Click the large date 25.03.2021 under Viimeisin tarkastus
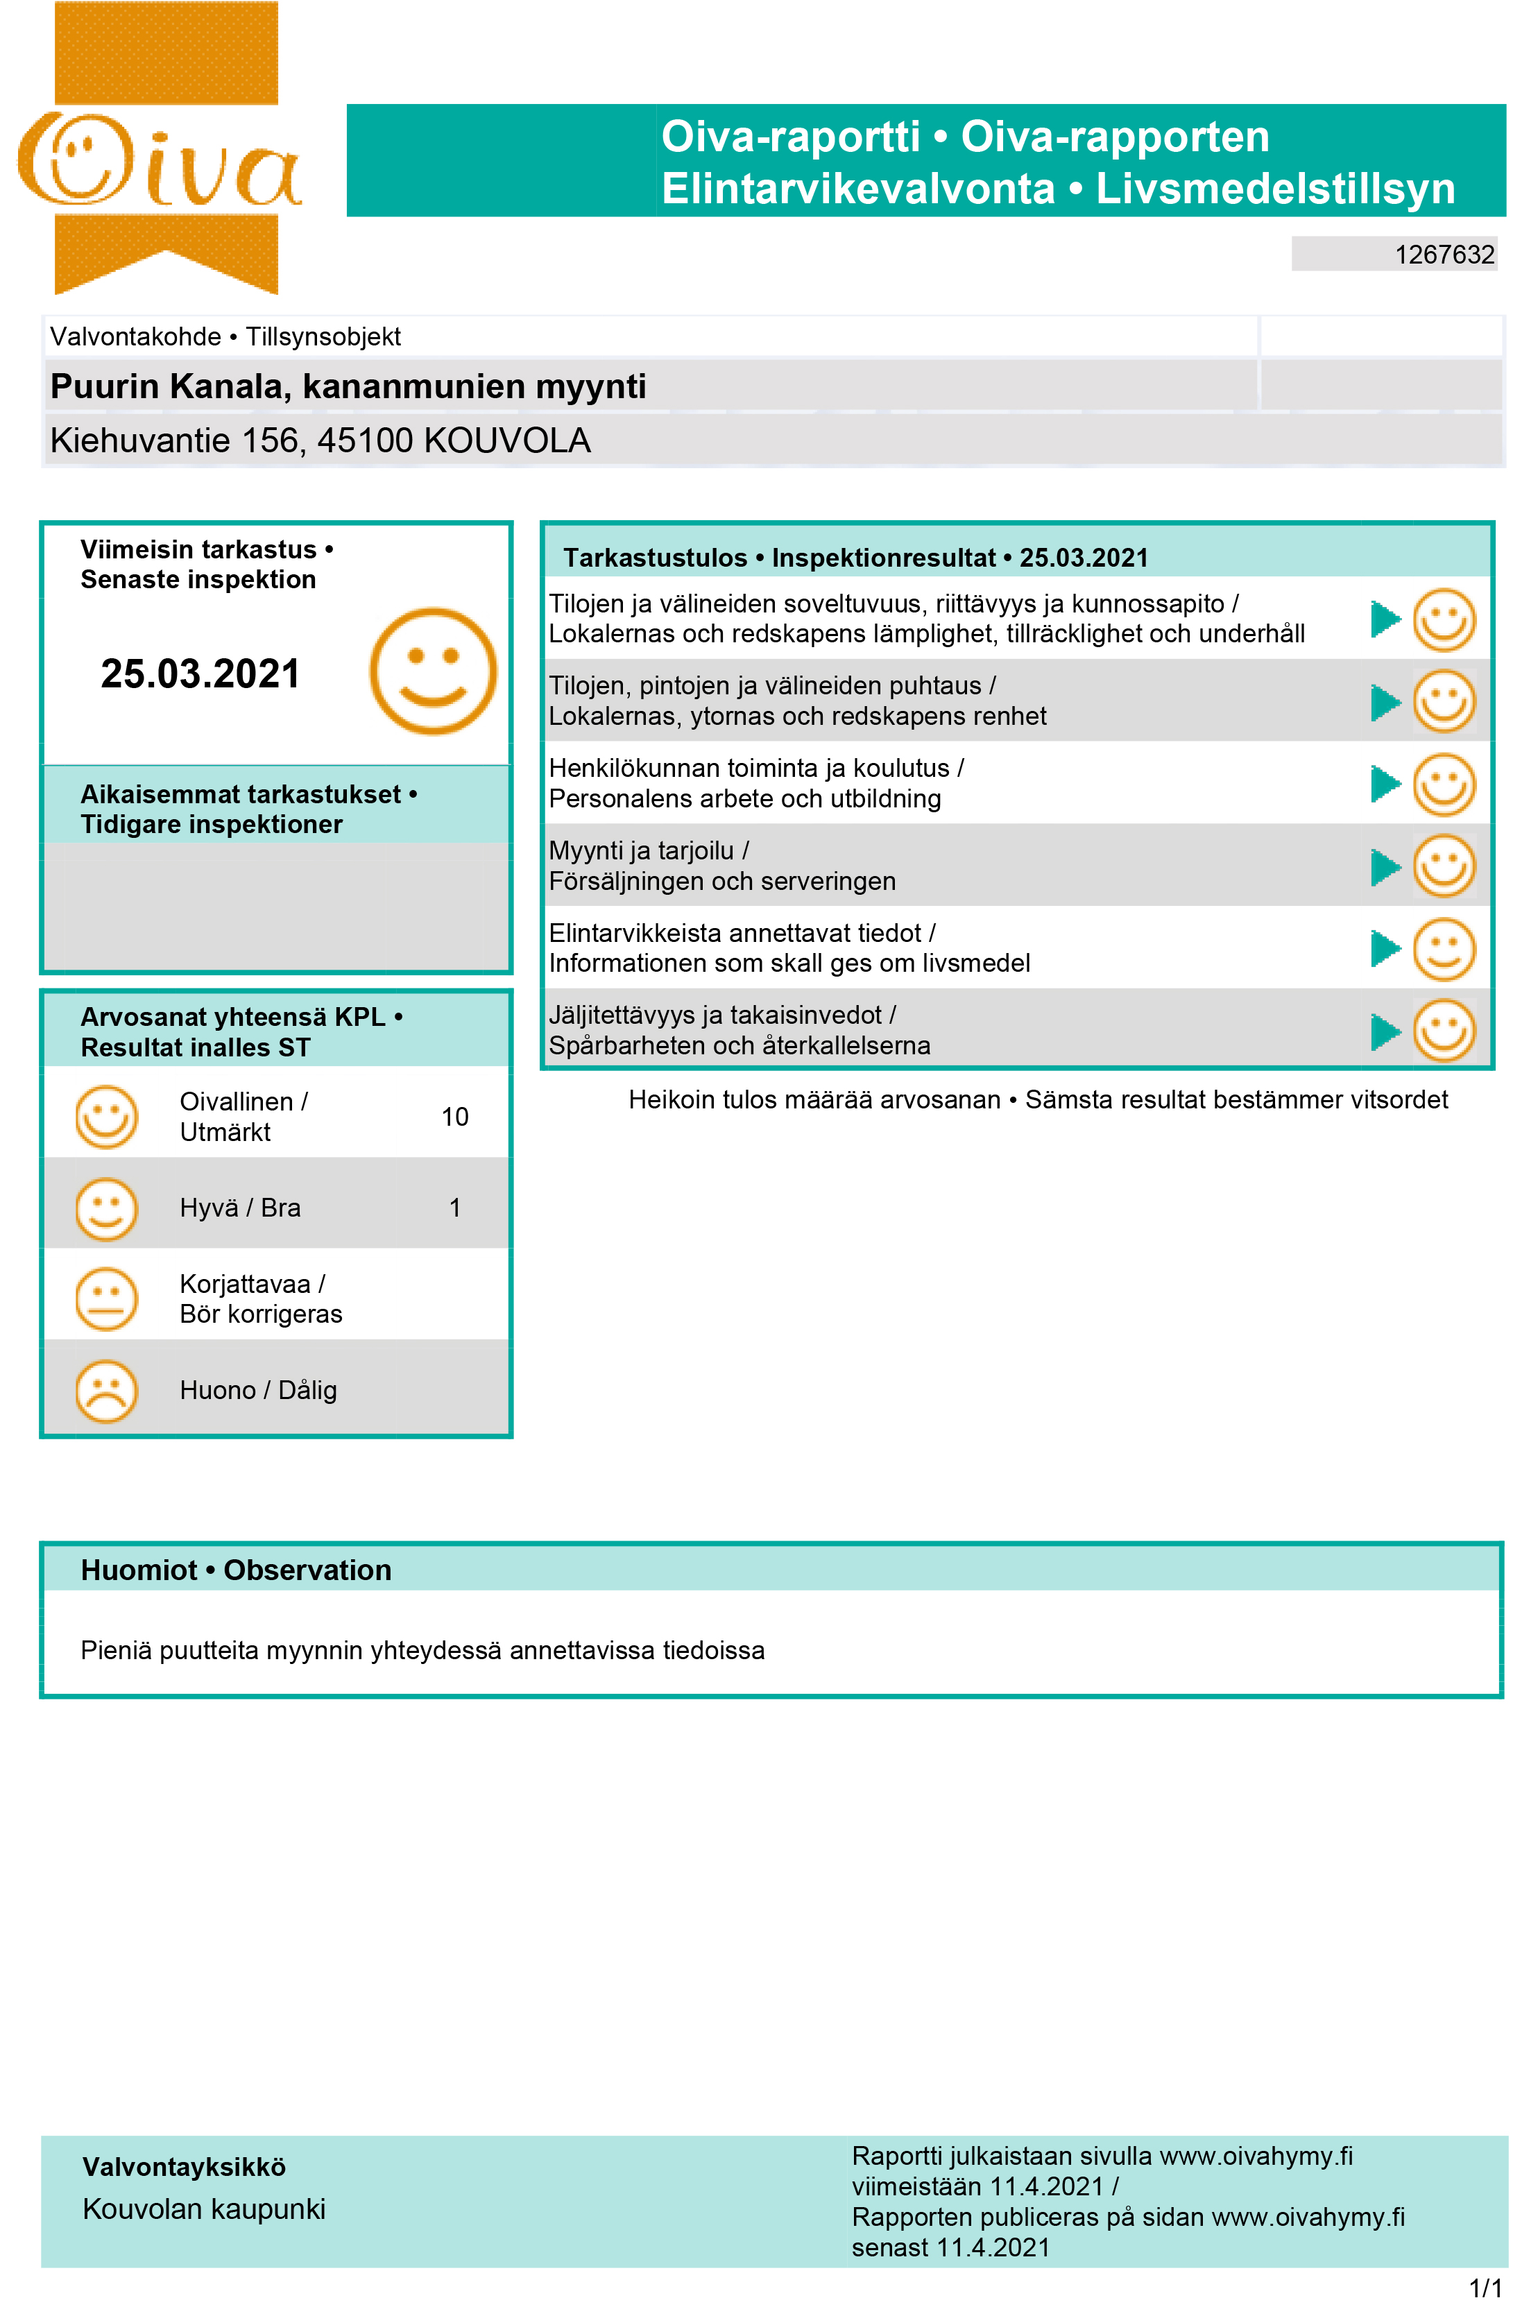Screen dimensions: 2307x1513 tap(200, 674)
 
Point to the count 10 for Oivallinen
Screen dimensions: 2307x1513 tap(454, 1117)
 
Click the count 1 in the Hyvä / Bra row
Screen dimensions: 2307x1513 tap(454, 1208)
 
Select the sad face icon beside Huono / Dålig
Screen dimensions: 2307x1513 tap(107, 1391)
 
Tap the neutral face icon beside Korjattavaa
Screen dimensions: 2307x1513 tap(107, 1299)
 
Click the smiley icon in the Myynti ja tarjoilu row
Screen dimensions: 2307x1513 tap(1443, 866)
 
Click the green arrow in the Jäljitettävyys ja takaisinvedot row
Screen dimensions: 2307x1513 tap(1385, 1031)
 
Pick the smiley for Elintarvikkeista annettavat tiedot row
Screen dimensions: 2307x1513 tap(1443, 949)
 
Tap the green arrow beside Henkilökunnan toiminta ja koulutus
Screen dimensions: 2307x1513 tap(1385, 784)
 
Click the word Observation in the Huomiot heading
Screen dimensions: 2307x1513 tap(307, 1570)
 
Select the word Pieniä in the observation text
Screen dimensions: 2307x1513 tap(117, 1651)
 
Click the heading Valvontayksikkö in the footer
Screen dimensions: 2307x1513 tap(184, 2168)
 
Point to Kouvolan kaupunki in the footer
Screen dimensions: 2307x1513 tap(203, 2209)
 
